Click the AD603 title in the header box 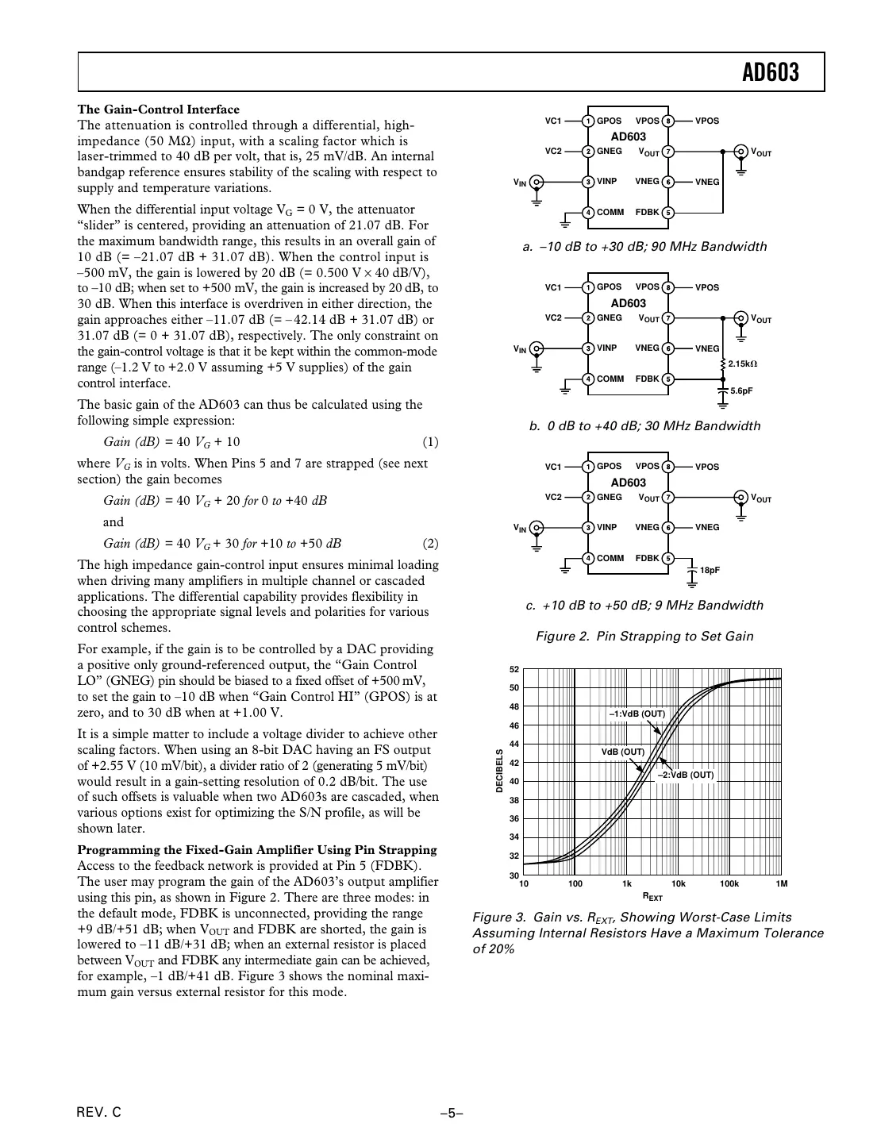pos(770,73)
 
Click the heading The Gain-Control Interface pos(158,110)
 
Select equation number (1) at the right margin pos(429,442)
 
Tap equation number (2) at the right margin pos(429,544)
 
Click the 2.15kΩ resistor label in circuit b pos(742,364)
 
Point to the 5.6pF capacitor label pos(741,391)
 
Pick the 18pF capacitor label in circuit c pos(710,570)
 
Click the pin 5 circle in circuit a pos(668,213)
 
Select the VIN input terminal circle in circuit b pos(537,348)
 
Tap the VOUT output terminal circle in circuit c pos(740,498)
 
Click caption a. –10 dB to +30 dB pos(644,247)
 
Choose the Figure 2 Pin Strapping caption pos(644,637)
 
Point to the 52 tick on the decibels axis pos(514,670)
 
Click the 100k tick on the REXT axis pos(729,883)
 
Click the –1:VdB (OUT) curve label pos(637,714)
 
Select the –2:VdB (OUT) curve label pos(685,775)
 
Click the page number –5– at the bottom pos(451,1113)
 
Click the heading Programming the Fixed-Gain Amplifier pos(257,850)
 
